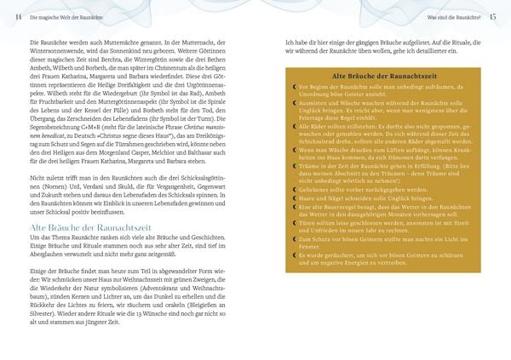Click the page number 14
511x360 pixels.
(x=17, y=17)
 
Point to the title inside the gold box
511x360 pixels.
(x=382, y=77)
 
